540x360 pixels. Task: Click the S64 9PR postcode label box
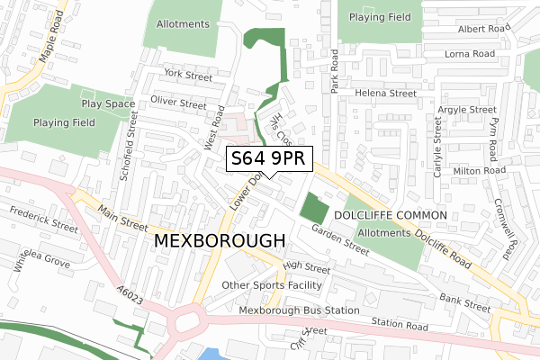269,159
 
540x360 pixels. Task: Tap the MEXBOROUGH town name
220,241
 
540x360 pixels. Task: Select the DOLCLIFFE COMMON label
390,216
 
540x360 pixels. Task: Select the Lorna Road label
471,54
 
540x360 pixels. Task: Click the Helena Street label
386,93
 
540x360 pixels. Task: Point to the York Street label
185,76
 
